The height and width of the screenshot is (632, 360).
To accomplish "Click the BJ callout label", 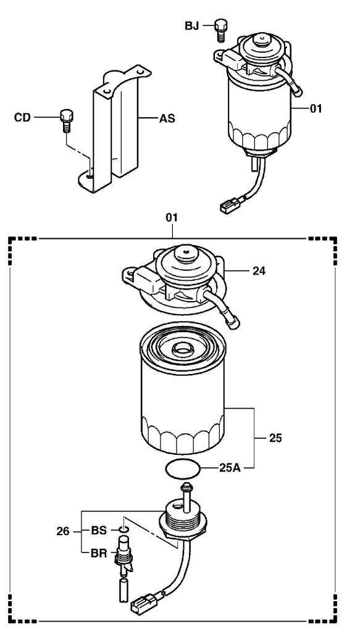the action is [x=192, y=26].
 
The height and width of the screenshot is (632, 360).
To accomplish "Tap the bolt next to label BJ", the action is [x=220, y=30].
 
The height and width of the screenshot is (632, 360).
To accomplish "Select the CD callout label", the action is [x=22, y=118].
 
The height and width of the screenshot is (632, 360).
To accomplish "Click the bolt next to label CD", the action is [x=66, y=120].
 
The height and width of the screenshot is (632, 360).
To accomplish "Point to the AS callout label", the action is [x=167, y=118].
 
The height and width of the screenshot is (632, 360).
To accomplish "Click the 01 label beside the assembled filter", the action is [x=316, y=109].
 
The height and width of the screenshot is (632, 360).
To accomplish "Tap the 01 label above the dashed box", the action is [x=172, y=218].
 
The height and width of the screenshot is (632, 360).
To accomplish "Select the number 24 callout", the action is [x=259, y=271].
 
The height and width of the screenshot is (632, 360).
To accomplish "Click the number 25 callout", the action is [x=276, y=438].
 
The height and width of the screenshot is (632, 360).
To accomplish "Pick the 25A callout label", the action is [x=230, y=468].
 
